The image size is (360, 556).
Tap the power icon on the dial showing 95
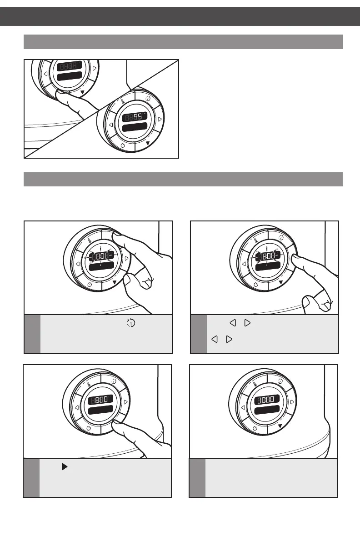coord(123,145)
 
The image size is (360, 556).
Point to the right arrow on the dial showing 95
coord(160,120)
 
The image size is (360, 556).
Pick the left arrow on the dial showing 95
coord(110,124)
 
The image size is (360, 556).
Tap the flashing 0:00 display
coord(101,257)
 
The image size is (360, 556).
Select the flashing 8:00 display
coord(268,257)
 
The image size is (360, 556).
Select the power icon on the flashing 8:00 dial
coord(256,285)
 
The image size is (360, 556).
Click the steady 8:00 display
coord(101,401)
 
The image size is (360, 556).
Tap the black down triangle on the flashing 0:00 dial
coord(115,282)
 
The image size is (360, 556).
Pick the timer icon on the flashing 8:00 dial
coord(280,237)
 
